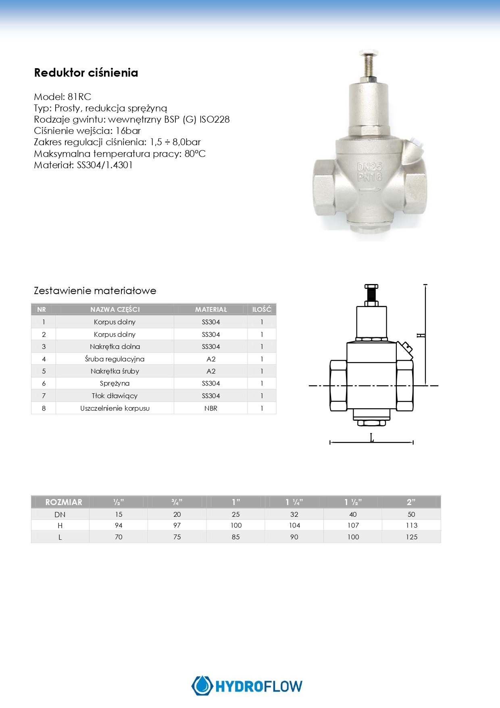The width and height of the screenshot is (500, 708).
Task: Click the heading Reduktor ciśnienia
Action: (86, 73)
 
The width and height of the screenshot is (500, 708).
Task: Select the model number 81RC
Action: (79, 97)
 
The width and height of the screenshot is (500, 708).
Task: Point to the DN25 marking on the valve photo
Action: (370, 167)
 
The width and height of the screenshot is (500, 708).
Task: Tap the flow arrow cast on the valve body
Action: (370, 190)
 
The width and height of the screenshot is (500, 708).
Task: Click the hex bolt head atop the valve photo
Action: (369, 53)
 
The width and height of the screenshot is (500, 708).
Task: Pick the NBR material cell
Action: (211, 408)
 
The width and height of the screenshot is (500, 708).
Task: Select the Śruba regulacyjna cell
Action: (115, 359)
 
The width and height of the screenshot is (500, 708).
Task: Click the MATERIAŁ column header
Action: (211, 309)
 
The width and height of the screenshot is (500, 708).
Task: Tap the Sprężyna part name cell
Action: (115, 383)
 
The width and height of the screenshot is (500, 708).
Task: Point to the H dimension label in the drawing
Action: (421, 335)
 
